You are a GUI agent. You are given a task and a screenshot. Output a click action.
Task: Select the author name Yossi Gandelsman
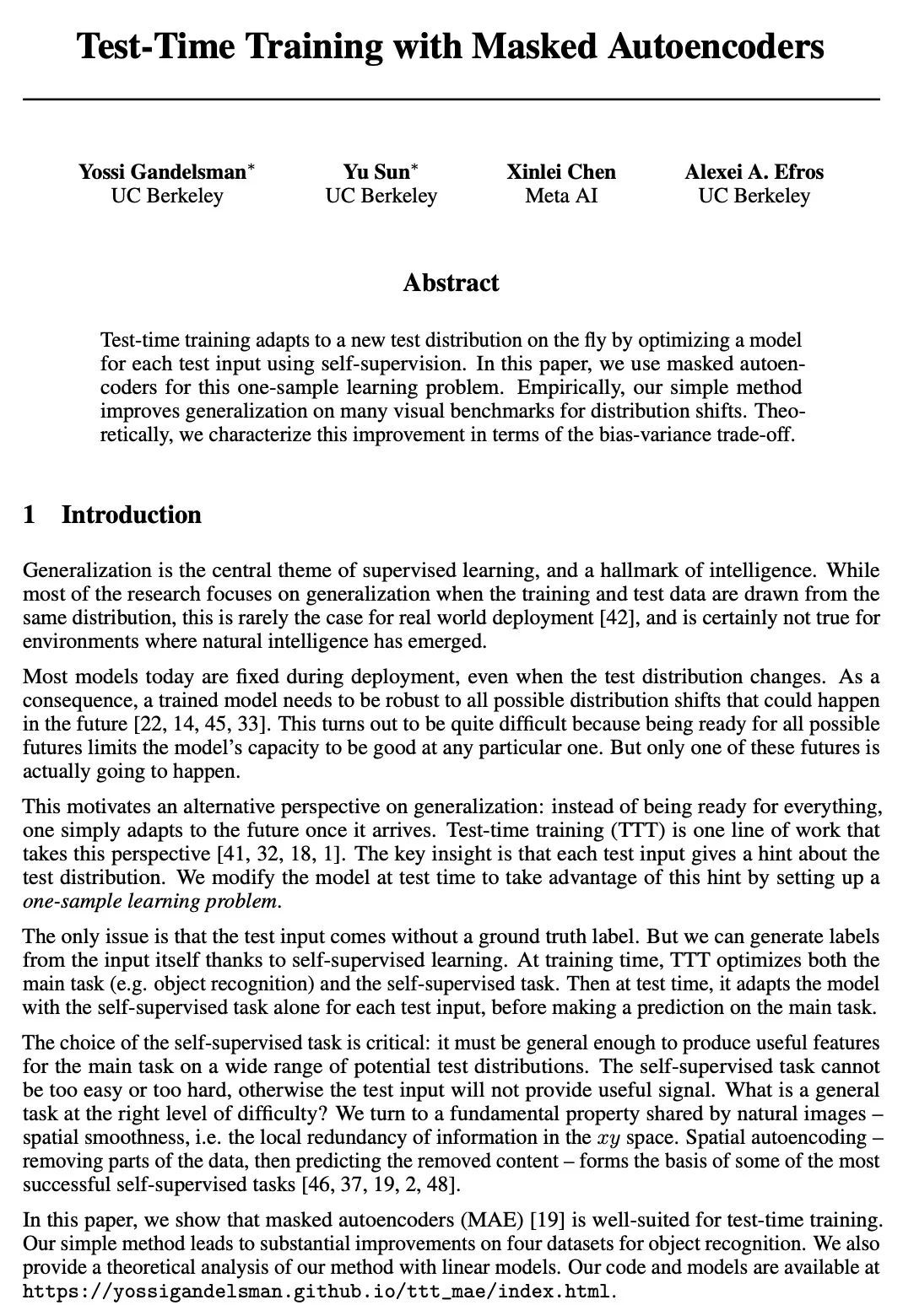pyautogui.click(x=162, y=172)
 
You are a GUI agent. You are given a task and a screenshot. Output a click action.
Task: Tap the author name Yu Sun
pyautogui.click(x=376, y=172)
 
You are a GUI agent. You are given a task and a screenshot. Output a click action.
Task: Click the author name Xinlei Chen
pyautogui.click(x=561, y=172)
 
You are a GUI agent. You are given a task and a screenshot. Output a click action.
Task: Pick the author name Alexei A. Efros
pyautogui.click(x=754, y=172)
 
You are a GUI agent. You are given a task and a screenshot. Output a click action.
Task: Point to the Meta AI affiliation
pyautogui.click(x=561, y=196)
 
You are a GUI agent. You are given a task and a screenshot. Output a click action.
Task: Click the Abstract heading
pyautogui.click(x=451, y=283)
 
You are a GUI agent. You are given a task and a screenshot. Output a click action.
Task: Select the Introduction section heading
pyautogui.click(x=131, y=515)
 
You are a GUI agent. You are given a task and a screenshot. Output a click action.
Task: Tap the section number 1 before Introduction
pyautogui.click(x=30, y=515)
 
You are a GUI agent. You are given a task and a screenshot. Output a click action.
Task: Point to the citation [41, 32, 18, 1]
pyautogui.click(x=267, y=854)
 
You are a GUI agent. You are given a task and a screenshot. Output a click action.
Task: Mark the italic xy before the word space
pyautogui.click(x=608, y=1138)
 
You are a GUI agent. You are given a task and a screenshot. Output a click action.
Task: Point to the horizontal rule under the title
pyautogui.click(x=451, y=100)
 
